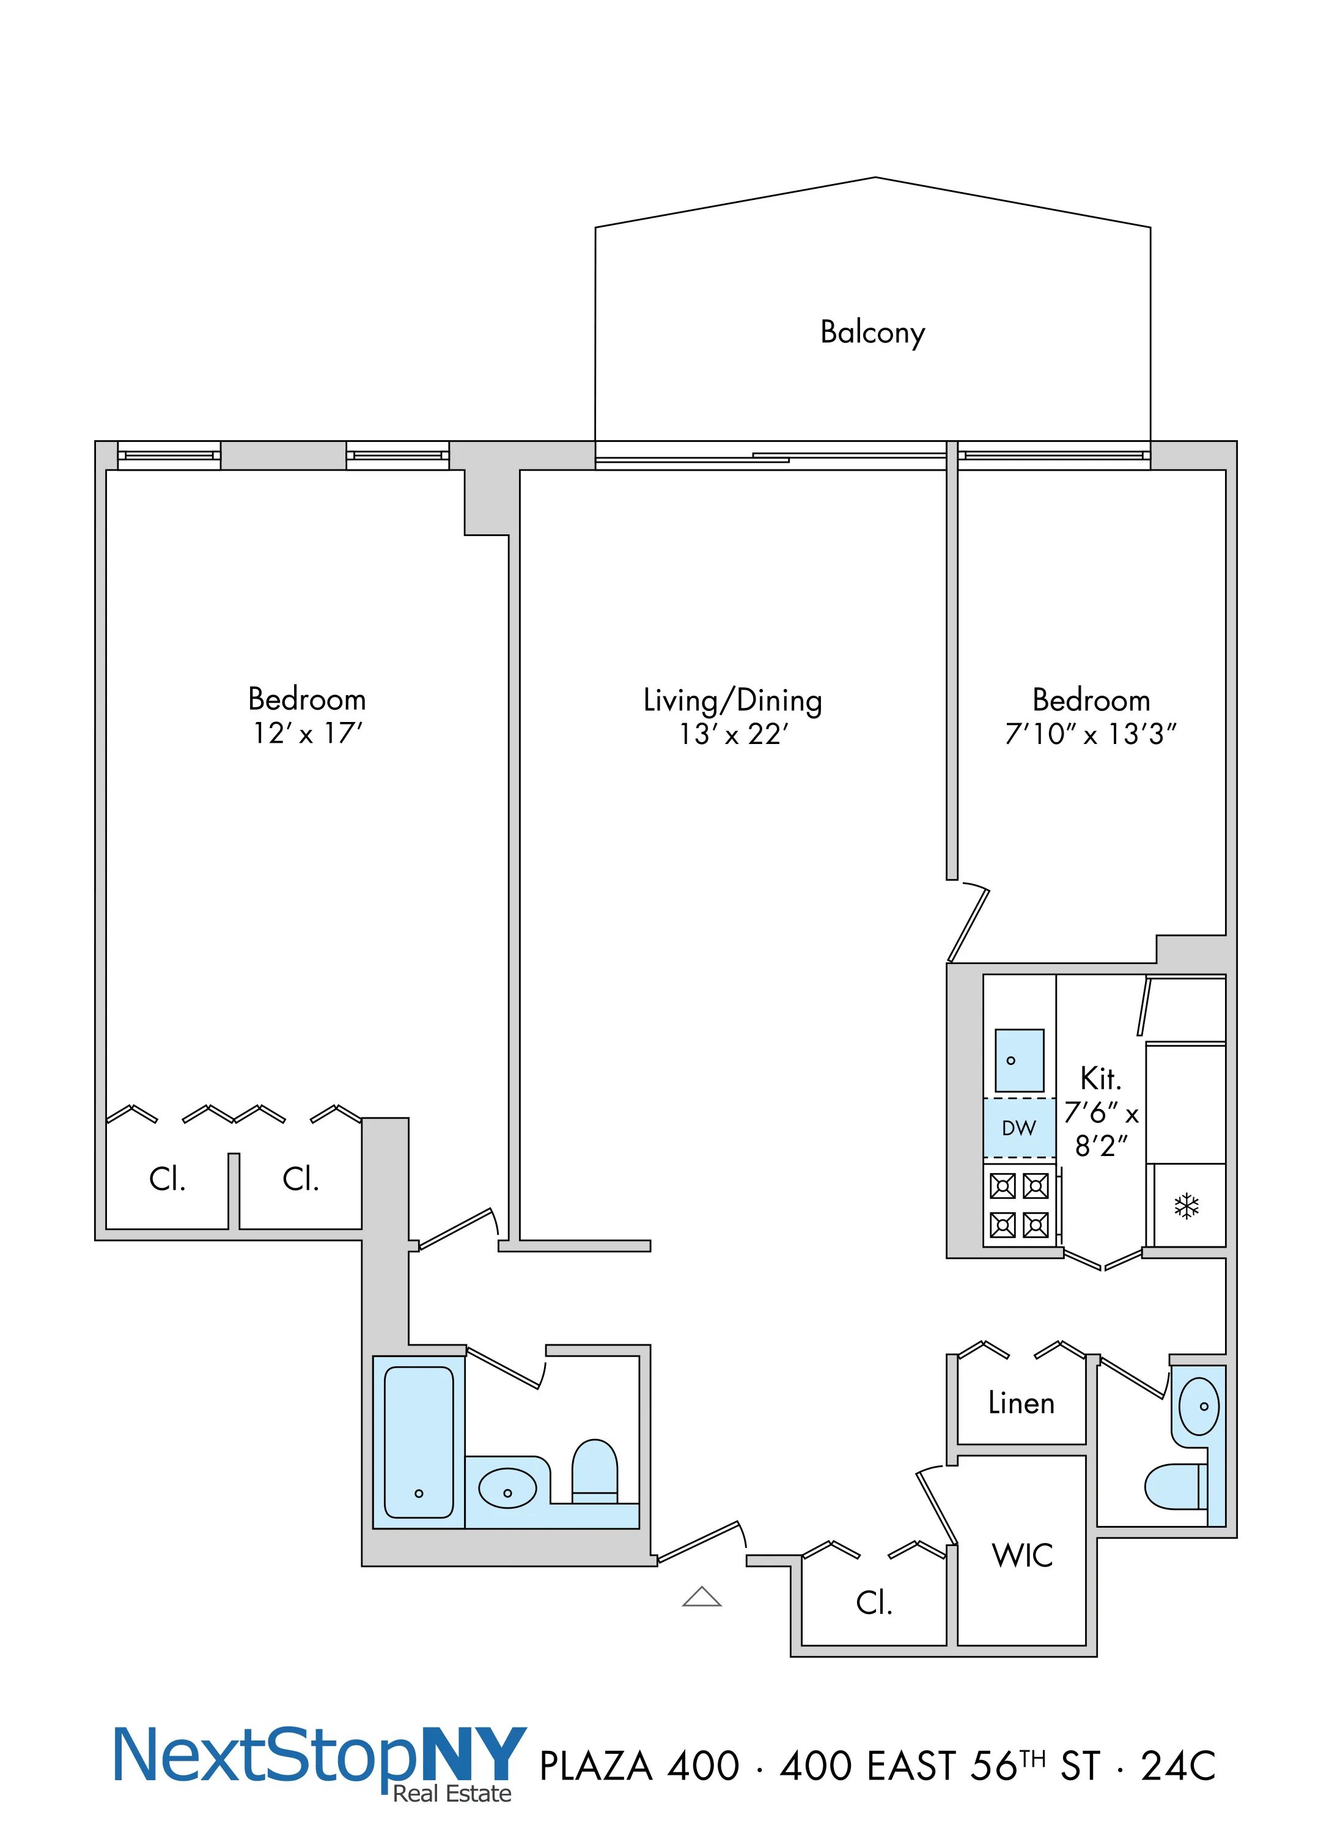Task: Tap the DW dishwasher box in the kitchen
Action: click(x=1018, y=1128)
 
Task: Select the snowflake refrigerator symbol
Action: click(x=1186, y=1207)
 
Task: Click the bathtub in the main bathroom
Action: click(x=418, y=1442)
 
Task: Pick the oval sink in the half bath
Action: click(x=1199, y=1406)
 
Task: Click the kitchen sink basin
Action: click(x=1018, y=1060)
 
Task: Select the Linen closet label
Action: click(x=1021, y=1404)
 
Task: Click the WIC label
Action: click(x=1022, y=1555)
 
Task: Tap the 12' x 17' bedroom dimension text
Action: click(x=307, y=734)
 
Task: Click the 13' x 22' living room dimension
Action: click(x=733, y=734)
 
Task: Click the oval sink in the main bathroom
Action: click(x=507, y=1488)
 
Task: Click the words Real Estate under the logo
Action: click(x=452, y=1794)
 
